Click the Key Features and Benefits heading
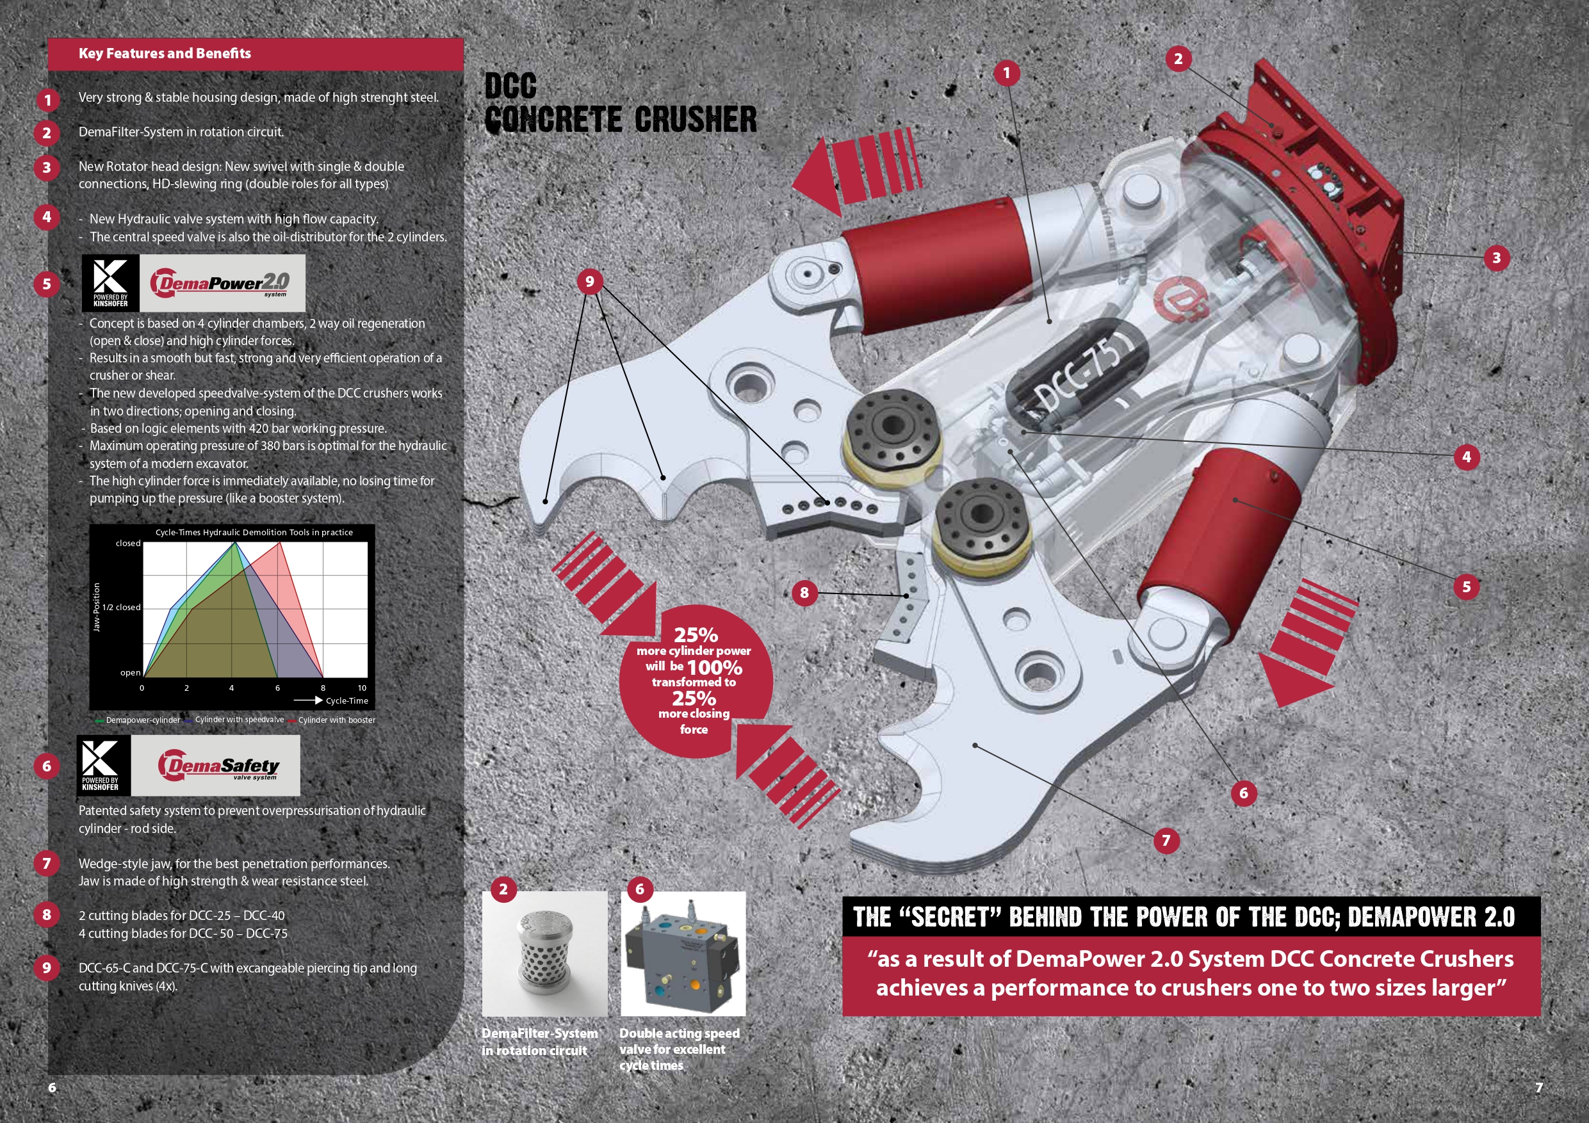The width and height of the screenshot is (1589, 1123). (165, 53)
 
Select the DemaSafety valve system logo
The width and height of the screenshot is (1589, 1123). (215, 766)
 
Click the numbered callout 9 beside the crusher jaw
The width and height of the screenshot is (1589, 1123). (590, 282)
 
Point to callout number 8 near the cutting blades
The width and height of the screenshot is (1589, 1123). (804, 592)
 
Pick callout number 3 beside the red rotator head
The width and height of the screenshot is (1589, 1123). (1496, 258)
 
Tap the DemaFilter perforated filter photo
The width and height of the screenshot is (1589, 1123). (544, 953)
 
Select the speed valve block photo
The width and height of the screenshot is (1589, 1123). (683, 953)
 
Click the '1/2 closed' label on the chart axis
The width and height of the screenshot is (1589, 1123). (121, 608)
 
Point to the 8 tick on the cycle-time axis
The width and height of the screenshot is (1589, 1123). (323, 688)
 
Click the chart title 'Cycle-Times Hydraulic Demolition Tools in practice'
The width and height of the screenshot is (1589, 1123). (254, 532)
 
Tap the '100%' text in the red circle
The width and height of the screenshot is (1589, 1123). (714, 668)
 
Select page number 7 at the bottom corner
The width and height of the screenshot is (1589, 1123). (1539, 1087)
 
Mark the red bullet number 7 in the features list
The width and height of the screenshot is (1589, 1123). (46, 864)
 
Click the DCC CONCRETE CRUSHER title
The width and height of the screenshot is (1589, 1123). (621, 104)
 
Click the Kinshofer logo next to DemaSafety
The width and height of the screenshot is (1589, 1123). (102, 765)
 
